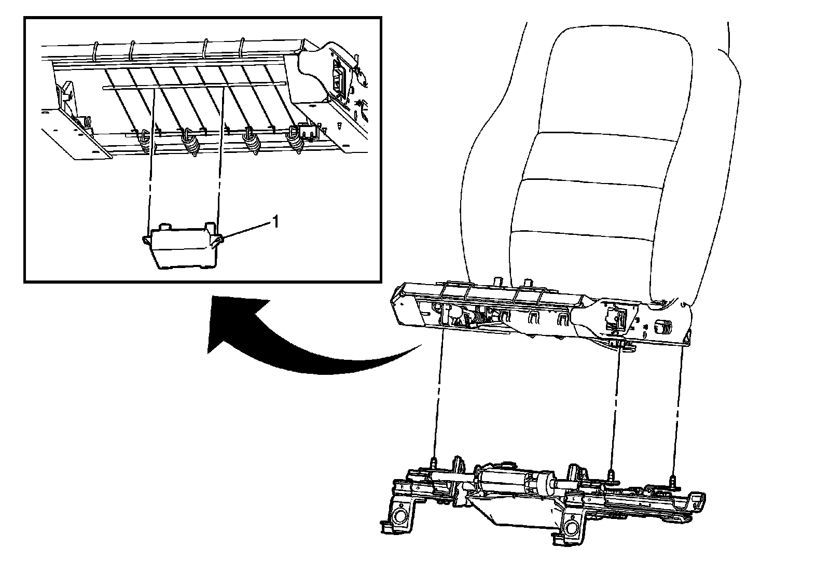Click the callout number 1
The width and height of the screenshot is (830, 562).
275,222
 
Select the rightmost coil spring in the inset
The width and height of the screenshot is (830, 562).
295,140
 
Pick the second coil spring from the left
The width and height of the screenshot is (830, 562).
190,143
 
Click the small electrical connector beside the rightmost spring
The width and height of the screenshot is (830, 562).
308,131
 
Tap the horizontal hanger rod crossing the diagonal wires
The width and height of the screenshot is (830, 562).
194,86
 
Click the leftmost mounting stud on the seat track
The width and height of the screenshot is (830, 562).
434,463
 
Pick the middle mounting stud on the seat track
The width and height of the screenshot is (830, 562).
610,474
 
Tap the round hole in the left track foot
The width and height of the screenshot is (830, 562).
399,515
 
